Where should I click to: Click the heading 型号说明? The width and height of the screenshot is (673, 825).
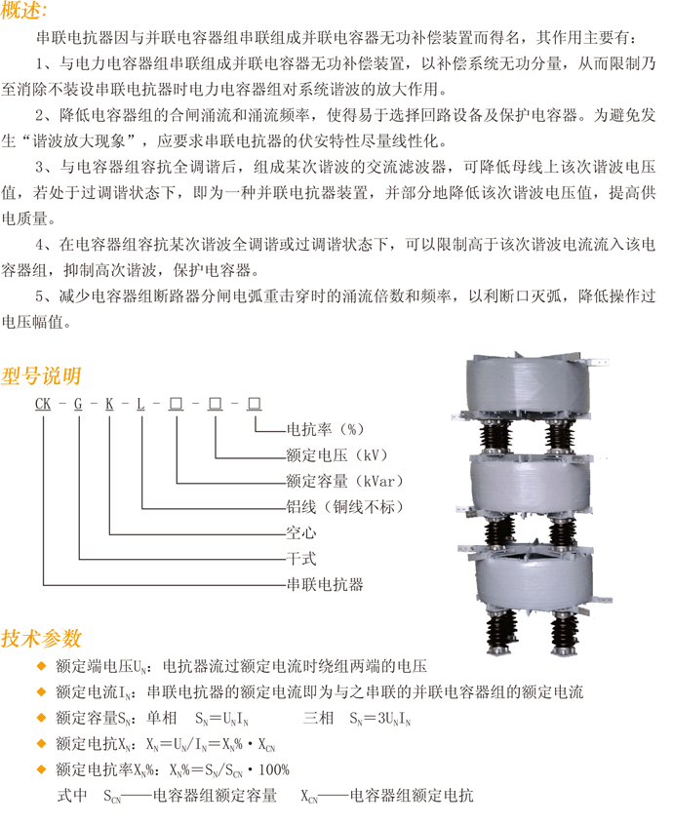click(41, 376)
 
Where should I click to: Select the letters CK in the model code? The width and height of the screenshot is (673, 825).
click(43, 403)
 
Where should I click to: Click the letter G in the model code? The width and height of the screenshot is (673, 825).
click(77, 403)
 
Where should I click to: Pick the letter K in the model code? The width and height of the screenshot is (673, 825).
click(110, 403)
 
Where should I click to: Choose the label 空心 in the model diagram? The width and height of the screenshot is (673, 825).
click(299, 533)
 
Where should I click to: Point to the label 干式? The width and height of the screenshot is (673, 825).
click(299, 560)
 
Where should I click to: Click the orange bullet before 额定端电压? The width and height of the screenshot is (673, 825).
click(40, 667)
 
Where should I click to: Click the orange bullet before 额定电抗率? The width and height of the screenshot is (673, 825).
click(40, 769)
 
